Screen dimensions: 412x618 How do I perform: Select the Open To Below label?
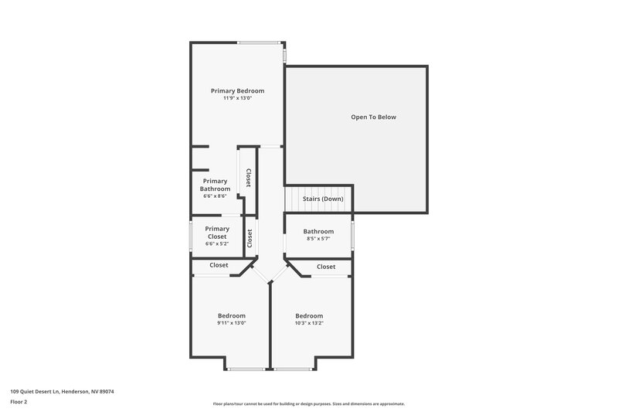pos(373,117)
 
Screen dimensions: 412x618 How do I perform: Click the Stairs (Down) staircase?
pos(318,199)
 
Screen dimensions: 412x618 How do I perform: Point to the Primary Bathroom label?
pos(215,185)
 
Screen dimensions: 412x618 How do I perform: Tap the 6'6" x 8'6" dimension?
pos(215,196)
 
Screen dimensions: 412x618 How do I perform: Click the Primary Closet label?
pos(217,232)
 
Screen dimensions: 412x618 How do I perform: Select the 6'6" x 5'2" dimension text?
pos(217,243)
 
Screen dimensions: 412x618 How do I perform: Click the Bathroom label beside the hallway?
pos(318,231)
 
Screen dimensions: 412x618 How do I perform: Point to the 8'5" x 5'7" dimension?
pos(318,239)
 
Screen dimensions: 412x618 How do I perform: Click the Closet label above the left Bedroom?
pos(219,265)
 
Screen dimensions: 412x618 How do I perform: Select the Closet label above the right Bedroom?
pos(326,267)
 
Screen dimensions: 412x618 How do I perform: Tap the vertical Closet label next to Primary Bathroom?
pos(248,178)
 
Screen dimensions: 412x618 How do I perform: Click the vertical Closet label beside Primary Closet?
pos(250,238)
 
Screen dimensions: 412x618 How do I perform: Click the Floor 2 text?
pos(19,402)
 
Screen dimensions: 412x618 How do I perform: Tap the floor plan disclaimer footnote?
pos(309,403)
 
